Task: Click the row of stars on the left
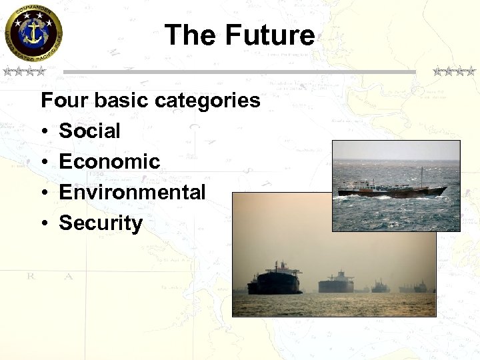tap(23, 71)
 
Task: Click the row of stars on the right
tap(454, 71)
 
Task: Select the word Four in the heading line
tap(65, 101)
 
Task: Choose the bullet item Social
tap(89, 131)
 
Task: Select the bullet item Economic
tap(109, 162)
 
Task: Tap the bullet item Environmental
tap(132, 193)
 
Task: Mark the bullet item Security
tap(101, 223)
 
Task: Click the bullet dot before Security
tap(45, 224)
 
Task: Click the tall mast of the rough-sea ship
tap(421, 177)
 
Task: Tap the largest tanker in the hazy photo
tap(275, 280)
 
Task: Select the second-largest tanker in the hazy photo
tap(336, 283)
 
